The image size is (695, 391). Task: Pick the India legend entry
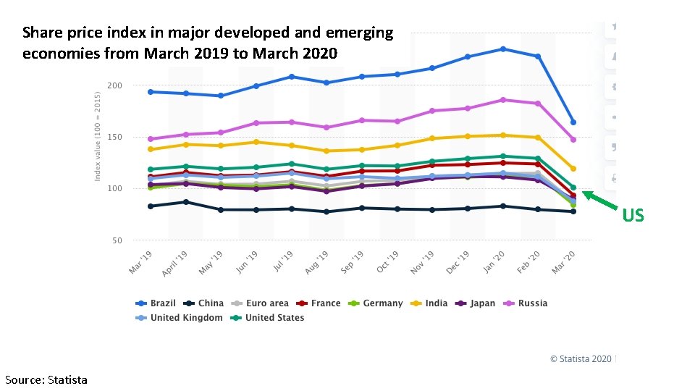click(429, 303)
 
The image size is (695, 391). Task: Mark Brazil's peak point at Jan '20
click(502, 49)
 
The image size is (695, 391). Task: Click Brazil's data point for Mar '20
click(573, 122)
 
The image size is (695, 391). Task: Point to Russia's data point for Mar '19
click(151, 139)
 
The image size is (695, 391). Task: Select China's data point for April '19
click(186, 202)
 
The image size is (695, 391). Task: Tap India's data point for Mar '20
click(573, 169)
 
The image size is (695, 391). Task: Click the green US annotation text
click(633, 215)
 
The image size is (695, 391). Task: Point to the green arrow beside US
click(600, 201)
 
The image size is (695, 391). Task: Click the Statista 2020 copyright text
click(581, 358)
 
